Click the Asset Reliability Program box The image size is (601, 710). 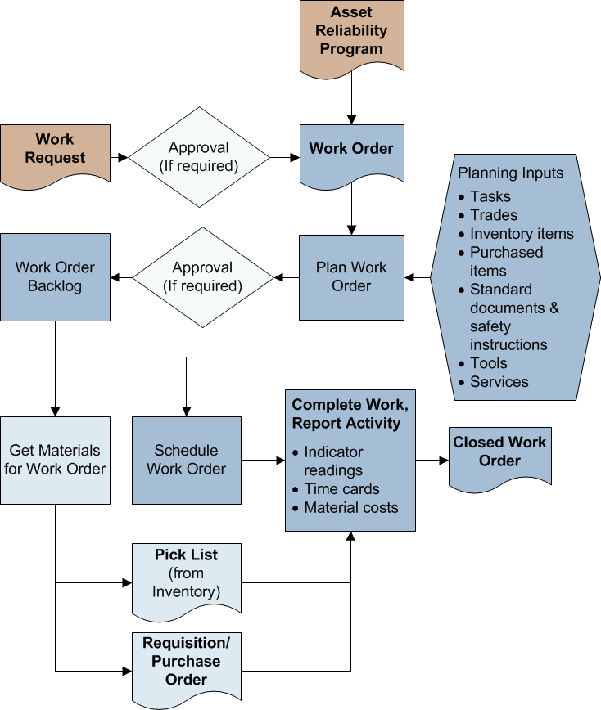[351, 34]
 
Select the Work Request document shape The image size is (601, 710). [55, 149]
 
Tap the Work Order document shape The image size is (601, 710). [351, 151]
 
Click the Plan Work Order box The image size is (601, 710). [351, 277]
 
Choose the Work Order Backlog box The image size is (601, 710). [55, 276]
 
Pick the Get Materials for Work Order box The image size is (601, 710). [55, 460]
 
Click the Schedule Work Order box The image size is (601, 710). [187, 460]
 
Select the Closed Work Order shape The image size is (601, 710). [499, 452]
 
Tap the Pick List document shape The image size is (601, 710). [187, 575]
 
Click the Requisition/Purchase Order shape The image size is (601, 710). [187, 662]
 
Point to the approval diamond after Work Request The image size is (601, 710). [199, 157]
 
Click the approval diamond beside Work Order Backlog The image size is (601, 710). [203, 277]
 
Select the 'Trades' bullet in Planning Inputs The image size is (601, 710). [494, 215]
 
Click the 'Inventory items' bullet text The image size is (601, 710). [522, 234]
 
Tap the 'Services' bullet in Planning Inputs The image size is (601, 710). [499, 382]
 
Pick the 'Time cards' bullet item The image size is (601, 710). [341, 489]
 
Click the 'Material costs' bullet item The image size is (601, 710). [350, 508]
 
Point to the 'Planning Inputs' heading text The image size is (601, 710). [510, 173]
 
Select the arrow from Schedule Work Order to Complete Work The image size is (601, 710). [263, 461]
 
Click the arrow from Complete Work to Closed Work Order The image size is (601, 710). [432, 461]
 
